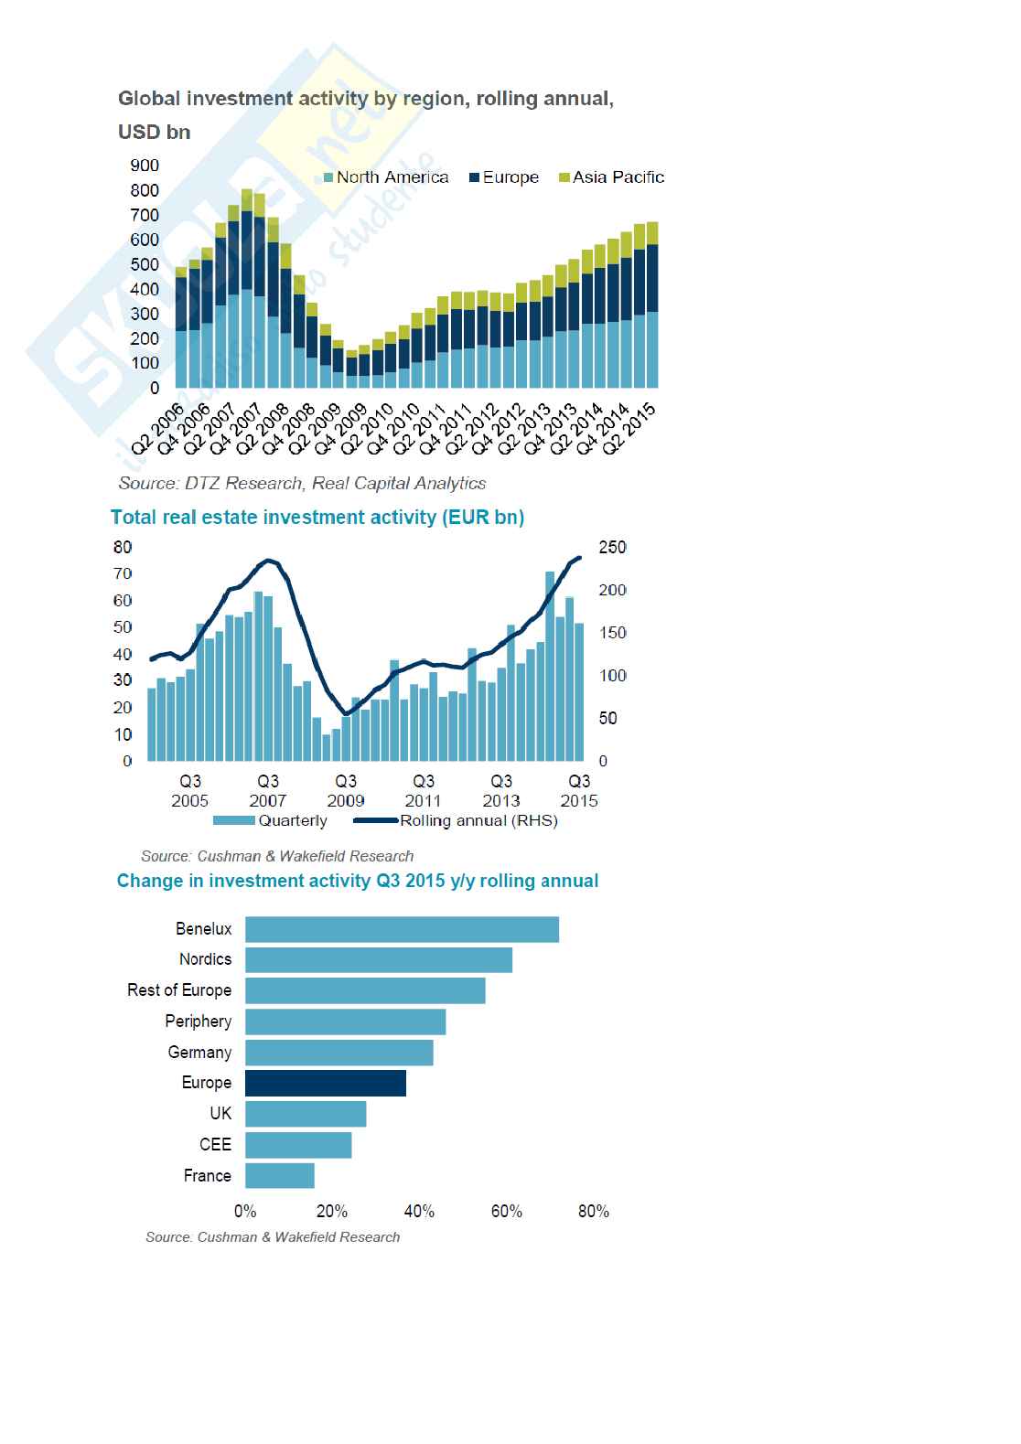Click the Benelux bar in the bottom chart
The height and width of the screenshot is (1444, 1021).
(x=402, y=929)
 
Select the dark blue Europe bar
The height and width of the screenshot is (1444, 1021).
(x=326, y=1083)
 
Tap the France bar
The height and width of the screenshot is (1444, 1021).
(x=280, y=1176)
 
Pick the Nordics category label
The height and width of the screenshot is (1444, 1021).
(x=205, y=959)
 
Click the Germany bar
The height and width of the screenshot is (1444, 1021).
(x=339, y=1053)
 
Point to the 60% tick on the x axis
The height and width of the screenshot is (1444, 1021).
(x=507, y=1212)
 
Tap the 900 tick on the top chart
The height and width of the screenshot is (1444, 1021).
(x=145, y=166)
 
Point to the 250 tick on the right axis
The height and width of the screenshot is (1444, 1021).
(x=612, y=548)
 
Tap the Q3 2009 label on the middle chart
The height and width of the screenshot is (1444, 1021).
(x=346, y=791)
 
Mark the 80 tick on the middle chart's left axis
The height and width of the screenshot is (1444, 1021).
(x=123, y=548)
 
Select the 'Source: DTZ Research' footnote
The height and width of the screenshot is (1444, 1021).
(x=302, y=483)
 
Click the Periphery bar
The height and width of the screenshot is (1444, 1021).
(x=346, y=1021)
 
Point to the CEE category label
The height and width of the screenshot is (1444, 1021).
(x=215, y=1145)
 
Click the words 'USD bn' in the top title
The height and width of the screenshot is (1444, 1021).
(x=154, y=133)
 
